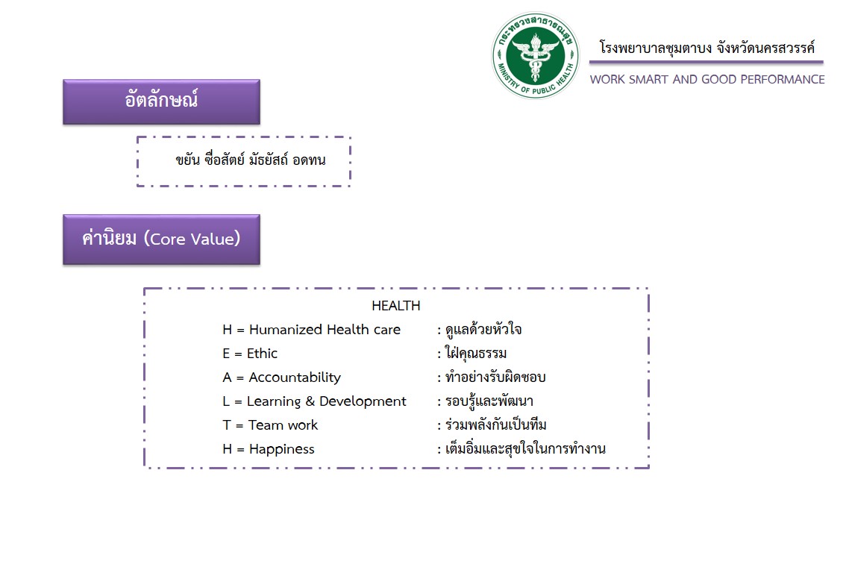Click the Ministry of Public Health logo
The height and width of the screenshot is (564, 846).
coord(536,55)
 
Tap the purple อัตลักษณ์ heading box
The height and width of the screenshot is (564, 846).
coord(161,101)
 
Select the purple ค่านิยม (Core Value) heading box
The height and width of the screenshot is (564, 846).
coord(161,239)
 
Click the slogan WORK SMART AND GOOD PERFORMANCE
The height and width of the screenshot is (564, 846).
coord(707,79)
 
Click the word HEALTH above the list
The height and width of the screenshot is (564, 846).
coord(396,306)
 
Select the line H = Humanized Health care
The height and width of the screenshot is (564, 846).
coord(311,330)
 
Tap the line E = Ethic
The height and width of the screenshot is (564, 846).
coord(250,354)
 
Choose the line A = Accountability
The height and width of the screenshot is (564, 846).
coord(281,377)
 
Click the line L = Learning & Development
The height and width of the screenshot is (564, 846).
coord(314,401)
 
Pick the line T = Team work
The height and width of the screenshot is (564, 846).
coord(270,425)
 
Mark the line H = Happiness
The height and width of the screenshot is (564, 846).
coord(269,449)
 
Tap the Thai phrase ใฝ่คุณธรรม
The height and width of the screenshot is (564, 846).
coord(475,354)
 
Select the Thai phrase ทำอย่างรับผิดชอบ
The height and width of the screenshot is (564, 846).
coord(495,377)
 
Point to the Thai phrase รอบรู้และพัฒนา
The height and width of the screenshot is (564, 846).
coord(488,401)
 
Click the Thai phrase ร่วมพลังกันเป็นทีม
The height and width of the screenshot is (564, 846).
coord(495,425)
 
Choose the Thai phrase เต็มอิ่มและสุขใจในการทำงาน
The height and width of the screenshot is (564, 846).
coord(524,449)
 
